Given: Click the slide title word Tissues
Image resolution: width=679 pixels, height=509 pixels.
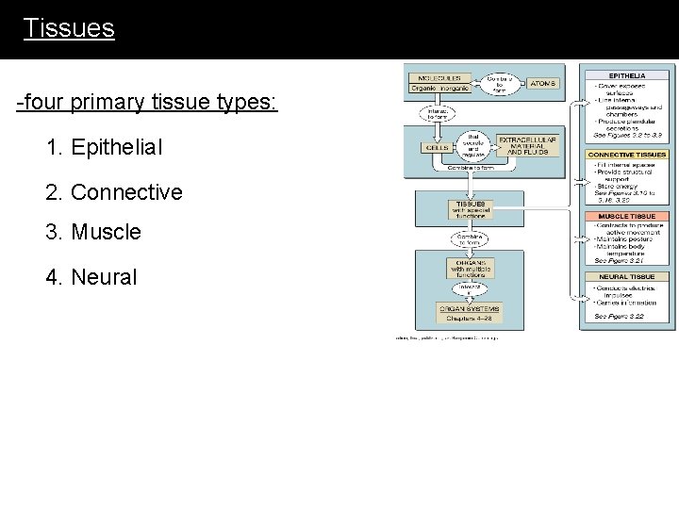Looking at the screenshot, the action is pos(69,28).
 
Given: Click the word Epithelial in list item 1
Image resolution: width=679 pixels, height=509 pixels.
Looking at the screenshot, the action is pos(117,147).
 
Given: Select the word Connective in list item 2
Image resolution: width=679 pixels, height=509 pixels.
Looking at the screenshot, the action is pos(126,192).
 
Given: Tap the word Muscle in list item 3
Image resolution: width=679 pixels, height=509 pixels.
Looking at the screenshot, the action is pos(106,232).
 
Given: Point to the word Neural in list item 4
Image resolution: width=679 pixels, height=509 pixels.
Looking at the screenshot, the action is pos(104,277).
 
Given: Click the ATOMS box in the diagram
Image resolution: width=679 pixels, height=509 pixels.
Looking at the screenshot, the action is pos(543,83).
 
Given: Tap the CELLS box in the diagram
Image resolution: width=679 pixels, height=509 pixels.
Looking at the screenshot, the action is pos(438,148).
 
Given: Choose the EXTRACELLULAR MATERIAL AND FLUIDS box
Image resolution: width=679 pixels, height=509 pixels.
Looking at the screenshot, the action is pos(527,146).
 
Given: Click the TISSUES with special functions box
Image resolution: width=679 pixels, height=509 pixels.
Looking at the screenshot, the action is pos(471,209).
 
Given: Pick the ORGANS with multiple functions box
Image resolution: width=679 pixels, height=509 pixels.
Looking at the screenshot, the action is pos(470,268).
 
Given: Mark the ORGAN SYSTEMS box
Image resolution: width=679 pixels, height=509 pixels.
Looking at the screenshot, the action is pos(470,308).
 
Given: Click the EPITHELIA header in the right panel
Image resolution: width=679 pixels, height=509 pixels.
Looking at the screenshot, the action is pos(627,74).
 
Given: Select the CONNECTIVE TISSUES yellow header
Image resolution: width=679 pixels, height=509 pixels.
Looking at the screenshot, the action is pos(627,155).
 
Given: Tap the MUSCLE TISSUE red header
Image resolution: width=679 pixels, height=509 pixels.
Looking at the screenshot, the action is pos(627,217).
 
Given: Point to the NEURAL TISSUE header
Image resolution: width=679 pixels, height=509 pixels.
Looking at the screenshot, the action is pos(627,277).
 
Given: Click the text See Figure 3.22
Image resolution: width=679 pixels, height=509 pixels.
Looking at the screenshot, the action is pos(619,317).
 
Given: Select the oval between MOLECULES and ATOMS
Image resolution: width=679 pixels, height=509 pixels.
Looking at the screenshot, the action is pos(500,84).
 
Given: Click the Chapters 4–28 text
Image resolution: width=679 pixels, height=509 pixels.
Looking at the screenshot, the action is pos(470,318).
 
